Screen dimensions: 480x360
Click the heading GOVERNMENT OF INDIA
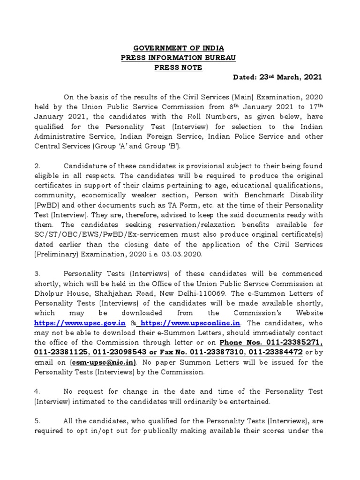[179, 48]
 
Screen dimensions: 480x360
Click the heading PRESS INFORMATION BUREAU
[179, 58]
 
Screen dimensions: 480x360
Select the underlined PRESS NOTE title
[179, 67]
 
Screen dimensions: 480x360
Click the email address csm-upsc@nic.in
[103, 362]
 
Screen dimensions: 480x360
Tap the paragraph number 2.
[38, 166]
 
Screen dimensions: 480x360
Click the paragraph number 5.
[38, 421]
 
